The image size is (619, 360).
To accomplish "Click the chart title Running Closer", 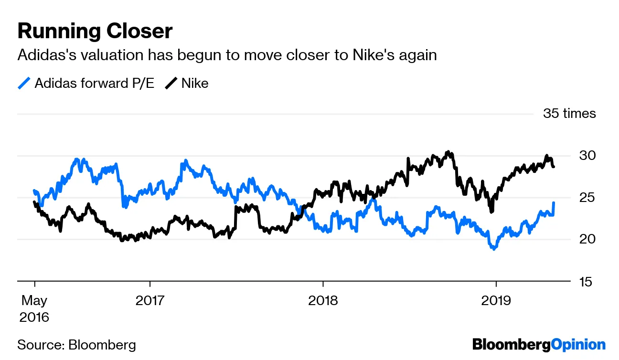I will click(x=95, y=31).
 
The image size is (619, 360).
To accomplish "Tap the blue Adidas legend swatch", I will click(x=24, y=84).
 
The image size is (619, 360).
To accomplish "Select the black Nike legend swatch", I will click(x=171, y=84).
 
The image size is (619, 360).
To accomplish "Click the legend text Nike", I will click(x=195, y=84).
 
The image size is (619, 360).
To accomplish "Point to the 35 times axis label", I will click(x=569, y=114).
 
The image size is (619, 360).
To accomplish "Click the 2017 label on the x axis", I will click(x=149, y=301).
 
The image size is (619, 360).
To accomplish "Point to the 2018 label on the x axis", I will click(x=323, y=301).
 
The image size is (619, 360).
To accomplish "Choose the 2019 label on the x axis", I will click(x=496, y=301).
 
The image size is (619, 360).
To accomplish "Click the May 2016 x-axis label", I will click(x=34, y=308).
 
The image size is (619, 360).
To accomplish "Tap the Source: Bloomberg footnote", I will click(x=76, y=345).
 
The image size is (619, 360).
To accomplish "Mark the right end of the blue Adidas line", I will click(x=554, y=203).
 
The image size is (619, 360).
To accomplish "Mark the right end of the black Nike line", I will click(x=554, y=167).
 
